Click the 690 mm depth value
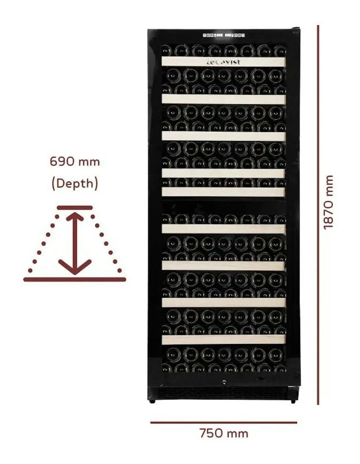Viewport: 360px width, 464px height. tap(74, 161)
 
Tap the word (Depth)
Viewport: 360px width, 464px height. tap(74, 183)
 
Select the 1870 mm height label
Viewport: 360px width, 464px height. tap(328, 202)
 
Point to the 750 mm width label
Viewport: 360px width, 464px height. tap(223, 433)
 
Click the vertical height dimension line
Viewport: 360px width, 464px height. tap(318, 215)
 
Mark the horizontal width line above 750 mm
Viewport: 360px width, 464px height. tap(223, 422)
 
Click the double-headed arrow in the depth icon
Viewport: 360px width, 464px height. tap(74, 243)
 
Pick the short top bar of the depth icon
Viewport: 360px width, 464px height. tap(74, 207)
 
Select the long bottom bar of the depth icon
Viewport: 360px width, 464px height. tap(74, 279)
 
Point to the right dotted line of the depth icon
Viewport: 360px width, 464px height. tap(105, 242)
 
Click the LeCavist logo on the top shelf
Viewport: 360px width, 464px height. tap(223, 62)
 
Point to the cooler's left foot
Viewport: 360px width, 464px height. tap(152, 399)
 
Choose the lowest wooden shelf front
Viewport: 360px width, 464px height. tap(223, 339)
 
